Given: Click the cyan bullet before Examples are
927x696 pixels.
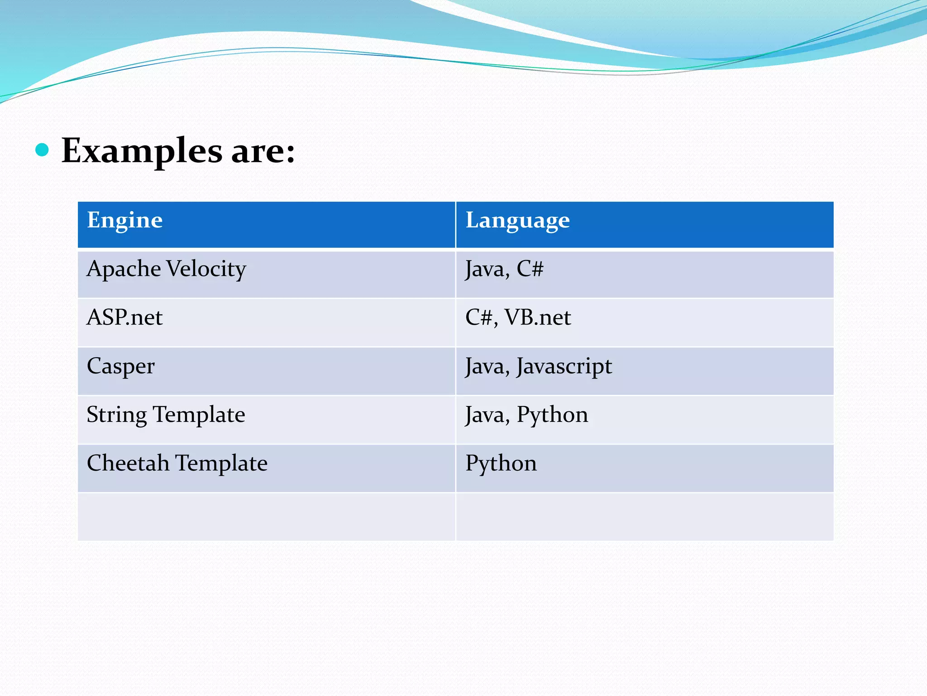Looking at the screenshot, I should click(x=42, y=150).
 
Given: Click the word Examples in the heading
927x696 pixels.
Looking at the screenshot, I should click(x=142, y=151).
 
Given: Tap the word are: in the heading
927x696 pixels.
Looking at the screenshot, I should click(x=263, y=151).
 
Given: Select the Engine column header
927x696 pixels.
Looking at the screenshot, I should click(x=124, y=220).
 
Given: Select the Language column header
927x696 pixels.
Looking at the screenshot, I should click(x=517, y=220).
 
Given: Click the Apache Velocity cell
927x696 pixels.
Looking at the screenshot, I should click(x=166, y=269).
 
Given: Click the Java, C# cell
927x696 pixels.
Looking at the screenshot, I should click(x=504, y=269).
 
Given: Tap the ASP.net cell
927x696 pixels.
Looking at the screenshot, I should click(x=124, y=317).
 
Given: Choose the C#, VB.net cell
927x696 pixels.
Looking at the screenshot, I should click(x=518, y=317).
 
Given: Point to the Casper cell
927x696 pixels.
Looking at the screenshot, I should click(x=121, y=366).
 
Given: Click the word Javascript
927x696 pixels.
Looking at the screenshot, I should click(x=564, y=366).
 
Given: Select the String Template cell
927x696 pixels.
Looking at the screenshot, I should click(x=166, y=415).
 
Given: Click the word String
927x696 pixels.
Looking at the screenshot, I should click(x=117, y=415).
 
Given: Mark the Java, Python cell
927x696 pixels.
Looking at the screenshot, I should click(x=526, y=415).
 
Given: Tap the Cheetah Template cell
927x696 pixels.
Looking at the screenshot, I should click(x=177, y=463).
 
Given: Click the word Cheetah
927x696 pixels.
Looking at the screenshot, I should click(x=128, y=463).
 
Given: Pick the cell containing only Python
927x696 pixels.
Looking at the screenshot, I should click(x=501, y=463).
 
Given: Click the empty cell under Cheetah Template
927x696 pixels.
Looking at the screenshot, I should click(x=266, y=517).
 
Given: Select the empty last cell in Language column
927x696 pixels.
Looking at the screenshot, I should click(x=645, y=517).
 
